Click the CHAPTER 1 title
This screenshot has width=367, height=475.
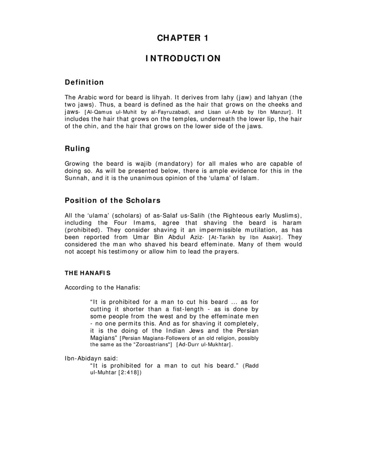(183, 38)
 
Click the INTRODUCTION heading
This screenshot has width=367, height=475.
(183, 58)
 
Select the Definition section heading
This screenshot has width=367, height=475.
(84, 82)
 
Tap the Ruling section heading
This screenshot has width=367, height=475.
(77, 148)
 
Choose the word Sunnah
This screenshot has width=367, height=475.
(76, 178)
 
